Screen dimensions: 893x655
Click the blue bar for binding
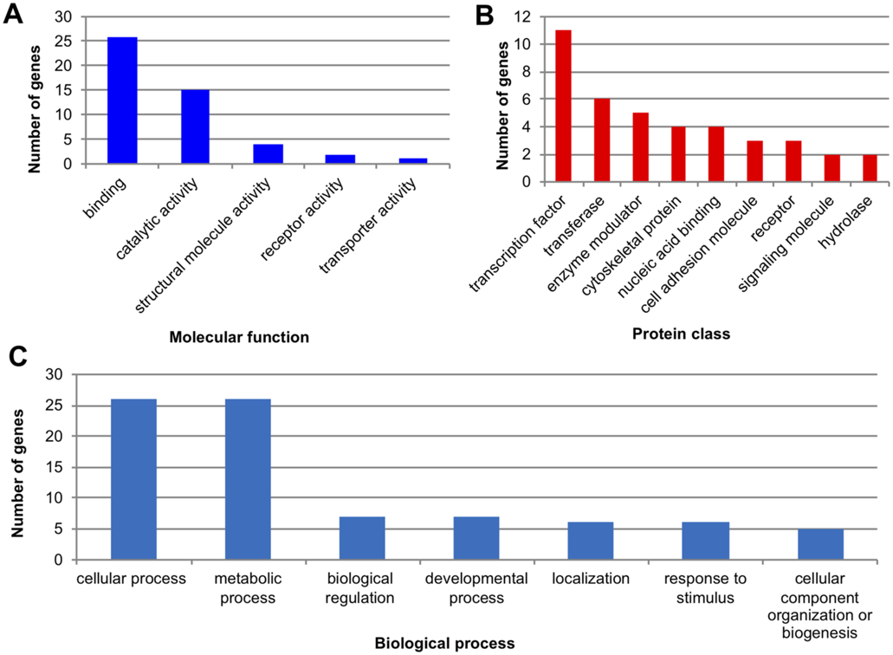pos(122,101)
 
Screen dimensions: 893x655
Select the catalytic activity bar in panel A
pos(196,127)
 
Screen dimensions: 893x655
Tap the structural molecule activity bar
pos(269,154)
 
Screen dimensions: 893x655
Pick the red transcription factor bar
pos(563,106)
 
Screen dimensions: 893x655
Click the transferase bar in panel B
pos(602,140)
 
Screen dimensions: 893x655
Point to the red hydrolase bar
pos(870,168)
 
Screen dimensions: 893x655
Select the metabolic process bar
pos(248,480)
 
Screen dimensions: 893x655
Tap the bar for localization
pos(591,542)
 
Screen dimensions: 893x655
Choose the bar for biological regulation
pos(362,538)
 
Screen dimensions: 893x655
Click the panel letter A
pos(13,14)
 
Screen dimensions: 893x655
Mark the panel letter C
pos(18,357)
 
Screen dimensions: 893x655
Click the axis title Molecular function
pos(239,337)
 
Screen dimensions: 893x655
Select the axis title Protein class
pos(681,334)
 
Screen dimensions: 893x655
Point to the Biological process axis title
pos(445,644)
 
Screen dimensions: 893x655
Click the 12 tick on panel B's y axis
pos(522,17)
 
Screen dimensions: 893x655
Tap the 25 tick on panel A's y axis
pos(63,41)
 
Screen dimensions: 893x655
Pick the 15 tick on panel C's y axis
pos(54,468)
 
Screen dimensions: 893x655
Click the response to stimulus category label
pos(705,587)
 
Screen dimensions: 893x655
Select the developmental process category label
pos(476,587)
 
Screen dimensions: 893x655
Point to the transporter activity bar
pos(413,161)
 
